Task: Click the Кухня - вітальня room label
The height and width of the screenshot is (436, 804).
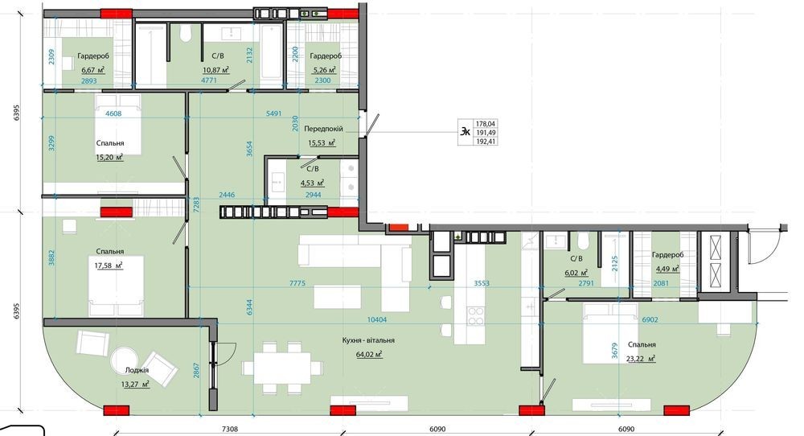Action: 368,340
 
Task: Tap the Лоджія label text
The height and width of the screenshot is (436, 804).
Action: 137,370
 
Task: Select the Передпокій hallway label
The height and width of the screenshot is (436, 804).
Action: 323,129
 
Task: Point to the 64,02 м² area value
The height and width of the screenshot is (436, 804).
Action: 369,354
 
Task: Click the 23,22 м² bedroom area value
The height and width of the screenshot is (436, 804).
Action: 641,359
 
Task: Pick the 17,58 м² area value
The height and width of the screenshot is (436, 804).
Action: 109,265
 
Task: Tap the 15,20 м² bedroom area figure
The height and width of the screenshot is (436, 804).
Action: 109,158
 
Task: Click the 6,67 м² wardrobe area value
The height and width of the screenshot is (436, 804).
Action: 93,70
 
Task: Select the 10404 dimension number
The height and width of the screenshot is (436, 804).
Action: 377,319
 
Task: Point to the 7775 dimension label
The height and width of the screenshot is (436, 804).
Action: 297,283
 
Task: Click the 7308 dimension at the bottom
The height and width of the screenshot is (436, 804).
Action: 229,430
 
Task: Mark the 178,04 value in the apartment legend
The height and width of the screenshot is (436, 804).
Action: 486,124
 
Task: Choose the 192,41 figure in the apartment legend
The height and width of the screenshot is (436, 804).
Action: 486,141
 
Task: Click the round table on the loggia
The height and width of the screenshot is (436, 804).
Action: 125,360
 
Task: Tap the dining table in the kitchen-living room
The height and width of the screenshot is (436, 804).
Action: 282,368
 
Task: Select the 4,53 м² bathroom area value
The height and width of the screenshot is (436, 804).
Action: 312,183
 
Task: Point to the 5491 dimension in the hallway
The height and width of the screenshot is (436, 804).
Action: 274,113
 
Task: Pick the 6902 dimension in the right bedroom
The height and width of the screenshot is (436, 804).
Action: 650,319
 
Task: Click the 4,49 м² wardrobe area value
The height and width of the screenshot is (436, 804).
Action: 667,268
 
